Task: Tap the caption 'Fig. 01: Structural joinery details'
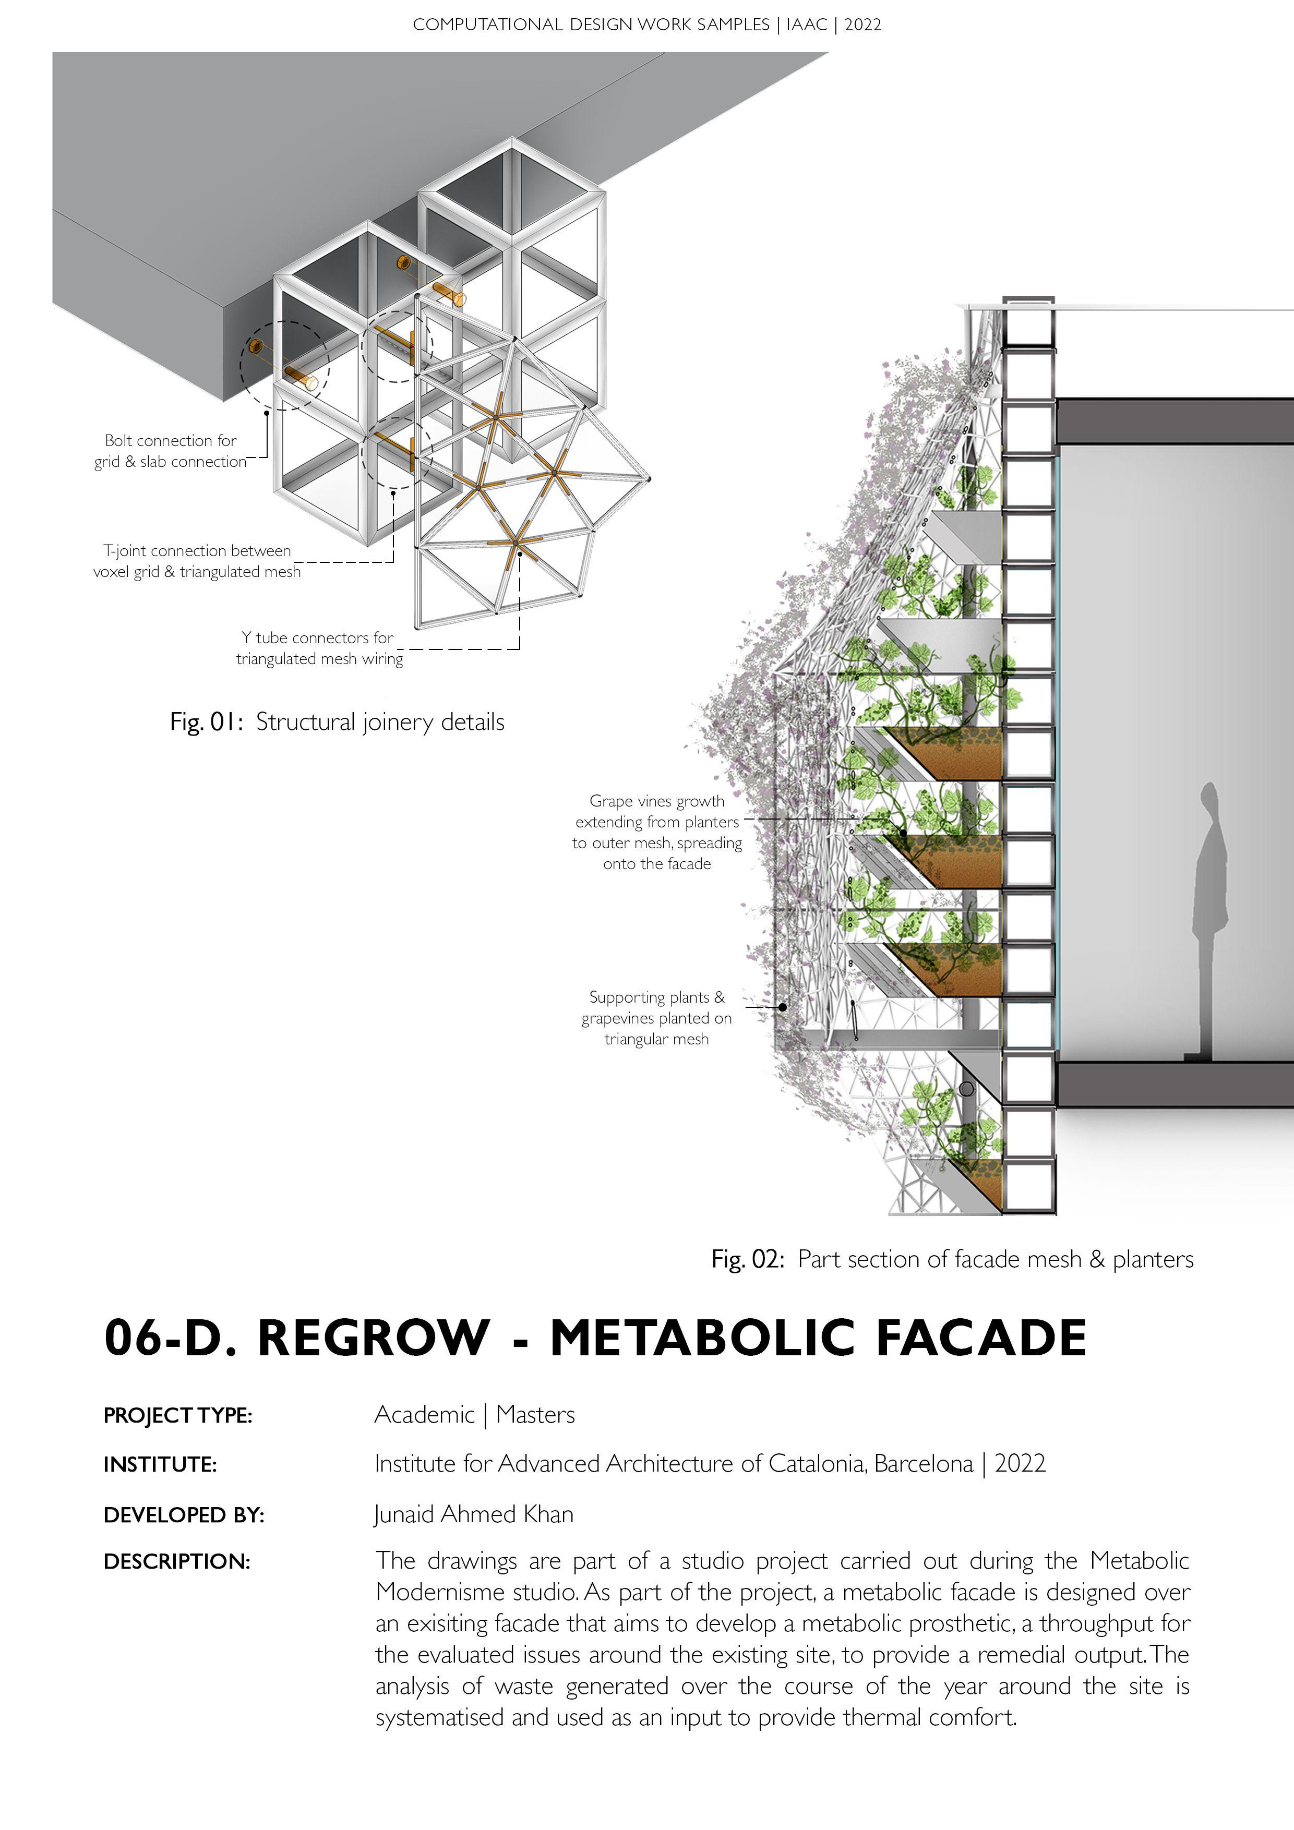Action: coord(337,722)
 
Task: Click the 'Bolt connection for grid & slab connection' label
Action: coord(171,451)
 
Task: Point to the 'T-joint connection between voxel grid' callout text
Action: coord(196,561)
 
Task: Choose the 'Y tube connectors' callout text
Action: coord(319,648)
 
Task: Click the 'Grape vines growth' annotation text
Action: coord(657,832)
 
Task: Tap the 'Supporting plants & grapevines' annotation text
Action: coord(656,1018)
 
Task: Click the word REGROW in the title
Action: coord(373,1338)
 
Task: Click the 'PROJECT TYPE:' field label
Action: coord(178,1416)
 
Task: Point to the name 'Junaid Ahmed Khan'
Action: coord(474,1514)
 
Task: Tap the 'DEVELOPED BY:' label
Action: coord(183,1515)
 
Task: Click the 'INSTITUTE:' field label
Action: coord(160,1465)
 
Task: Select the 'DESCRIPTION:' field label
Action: coord(177,1562)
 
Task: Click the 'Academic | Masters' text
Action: coord(474,1415)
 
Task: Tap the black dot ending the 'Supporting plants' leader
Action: coord(783,1007)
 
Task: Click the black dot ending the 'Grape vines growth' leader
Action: coord(903,833)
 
